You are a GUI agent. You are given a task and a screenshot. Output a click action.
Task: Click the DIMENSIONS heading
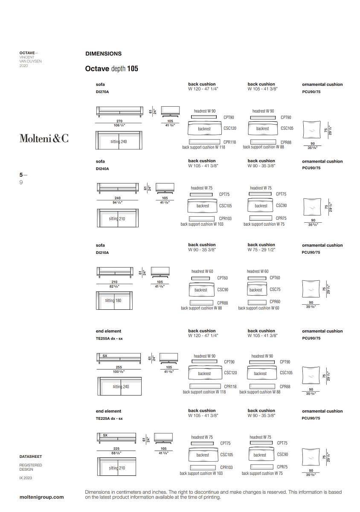click(103, 54)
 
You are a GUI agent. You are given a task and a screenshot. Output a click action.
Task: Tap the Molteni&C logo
click(44, 138)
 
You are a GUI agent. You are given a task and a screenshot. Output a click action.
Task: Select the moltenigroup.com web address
click(42, 497)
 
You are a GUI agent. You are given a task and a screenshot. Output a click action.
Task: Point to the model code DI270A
click(102, 92)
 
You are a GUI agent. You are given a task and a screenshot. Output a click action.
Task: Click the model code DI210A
click(102, 253)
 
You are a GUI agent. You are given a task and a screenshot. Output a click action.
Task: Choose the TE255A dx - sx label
click(109, 338)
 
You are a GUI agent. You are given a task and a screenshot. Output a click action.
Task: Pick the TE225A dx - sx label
click(109, 419)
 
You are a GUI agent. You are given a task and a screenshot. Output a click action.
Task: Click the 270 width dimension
click(119, 121)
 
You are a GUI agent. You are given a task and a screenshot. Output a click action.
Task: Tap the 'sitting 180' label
click(113, 300)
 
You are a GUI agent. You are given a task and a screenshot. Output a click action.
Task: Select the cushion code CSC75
click(275, 289)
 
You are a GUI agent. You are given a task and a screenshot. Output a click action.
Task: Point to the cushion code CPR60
click(275, 302)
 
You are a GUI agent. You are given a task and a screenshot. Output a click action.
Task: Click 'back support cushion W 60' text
click(258, 308)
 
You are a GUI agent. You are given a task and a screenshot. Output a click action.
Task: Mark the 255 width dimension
click(119, 367)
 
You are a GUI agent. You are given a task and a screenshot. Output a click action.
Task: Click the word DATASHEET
click(31, 457)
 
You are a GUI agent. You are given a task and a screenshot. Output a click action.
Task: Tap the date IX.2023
click(26, 478)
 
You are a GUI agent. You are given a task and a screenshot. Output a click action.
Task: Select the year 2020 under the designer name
click(23, 66)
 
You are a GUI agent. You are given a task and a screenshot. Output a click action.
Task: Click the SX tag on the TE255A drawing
click(105, 355)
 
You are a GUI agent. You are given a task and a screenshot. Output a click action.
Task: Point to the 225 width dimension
click(116, 448)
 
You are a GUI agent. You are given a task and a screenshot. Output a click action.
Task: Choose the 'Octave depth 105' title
click(111, 68)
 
